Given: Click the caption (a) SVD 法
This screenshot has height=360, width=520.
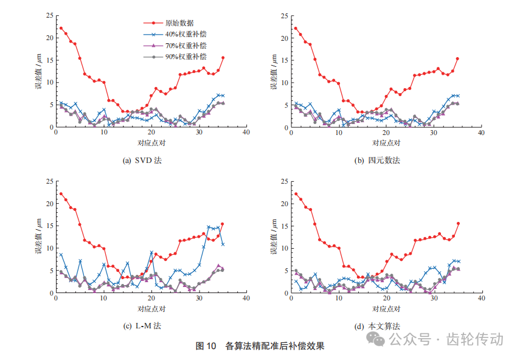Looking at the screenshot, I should (x=142, y=161).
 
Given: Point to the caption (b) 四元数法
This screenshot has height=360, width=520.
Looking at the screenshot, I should (x=378, y=161).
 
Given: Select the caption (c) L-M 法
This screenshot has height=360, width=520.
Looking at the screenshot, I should (x=142, y=326).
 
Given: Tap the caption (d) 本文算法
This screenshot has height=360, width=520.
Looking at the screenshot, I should (x=378, y=326).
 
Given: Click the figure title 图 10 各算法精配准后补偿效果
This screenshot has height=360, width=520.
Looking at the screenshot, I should (x=260, y=346).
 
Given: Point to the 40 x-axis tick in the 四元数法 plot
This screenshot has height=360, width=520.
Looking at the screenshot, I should (x=480, y=133).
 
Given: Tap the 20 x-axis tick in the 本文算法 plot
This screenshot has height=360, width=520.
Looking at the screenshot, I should (x=386, y=299).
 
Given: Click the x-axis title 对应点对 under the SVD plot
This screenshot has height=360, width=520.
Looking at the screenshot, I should (x=151, y=143).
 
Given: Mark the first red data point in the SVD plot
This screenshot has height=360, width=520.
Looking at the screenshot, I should (x=61, y=28).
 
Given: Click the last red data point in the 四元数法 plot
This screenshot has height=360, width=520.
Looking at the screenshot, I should (x=457, y=59).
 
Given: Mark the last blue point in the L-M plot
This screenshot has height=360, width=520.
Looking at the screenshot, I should (x=223, y=244).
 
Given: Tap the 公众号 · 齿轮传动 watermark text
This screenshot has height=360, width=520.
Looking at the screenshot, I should (x=446, y=339).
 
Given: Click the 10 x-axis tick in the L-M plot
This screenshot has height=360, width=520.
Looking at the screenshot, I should (x=103, y=299).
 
